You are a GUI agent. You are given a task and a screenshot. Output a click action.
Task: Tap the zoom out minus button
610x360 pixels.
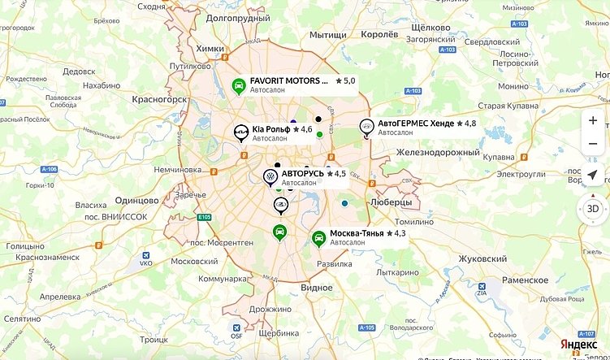click(593, 144)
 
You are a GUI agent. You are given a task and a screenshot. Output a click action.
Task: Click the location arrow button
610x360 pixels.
click(593, 176)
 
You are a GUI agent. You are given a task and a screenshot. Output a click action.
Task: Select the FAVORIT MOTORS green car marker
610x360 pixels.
click(239, 85)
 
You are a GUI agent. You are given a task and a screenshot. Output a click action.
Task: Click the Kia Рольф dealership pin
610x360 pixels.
click(240, 133)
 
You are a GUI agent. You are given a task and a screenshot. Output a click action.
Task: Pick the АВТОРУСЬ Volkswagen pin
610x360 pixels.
click(270, 176)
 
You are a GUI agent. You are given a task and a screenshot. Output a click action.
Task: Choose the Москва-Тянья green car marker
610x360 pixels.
click(319, 237)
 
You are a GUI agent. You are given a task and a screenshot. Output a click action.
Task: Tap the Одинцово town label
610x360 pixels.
click(136, 200)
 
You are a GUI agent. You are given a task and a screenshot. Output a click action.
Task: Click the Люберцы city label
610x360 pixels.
click(390, 202)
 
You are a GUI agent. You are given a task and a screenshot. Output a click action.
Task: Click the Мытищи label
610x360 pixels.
click(328, 35)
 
